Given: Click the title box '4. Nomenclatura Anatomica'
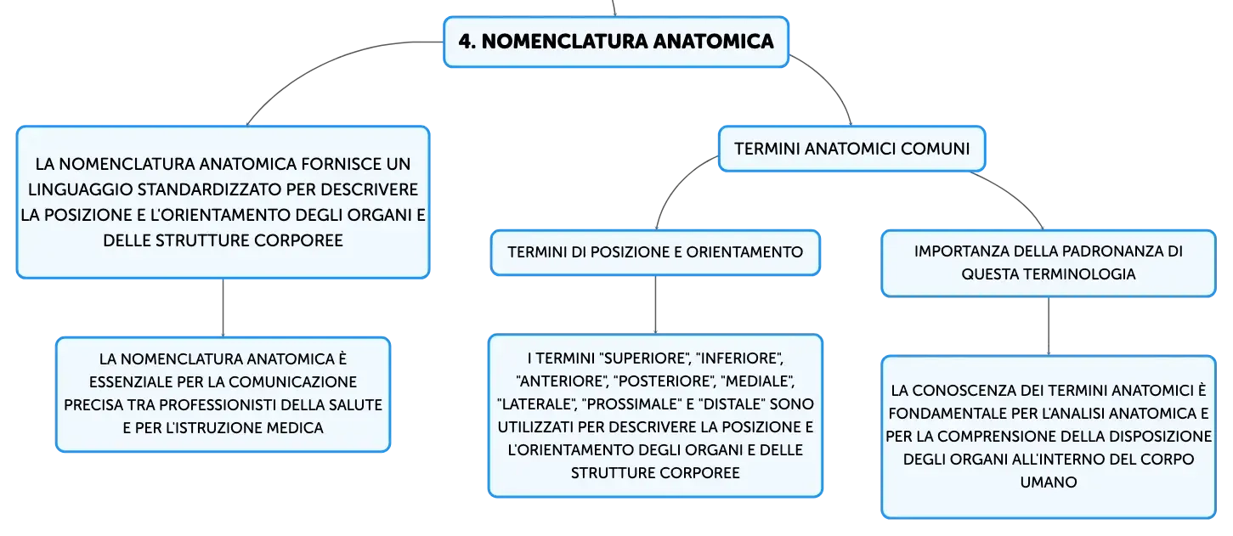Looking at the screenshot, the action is pyautogui.click(x=616, y=42).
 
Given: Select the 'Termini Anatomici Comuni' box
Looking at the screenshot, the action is pyautogui.click(x=851, y=149).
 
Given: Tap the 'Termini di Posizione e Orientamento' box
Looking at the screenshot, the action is pyautogui.click(x=655, y=252).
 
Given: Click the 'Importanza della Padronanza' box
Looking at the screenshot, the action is pyautogui.click(x=1048, y=263).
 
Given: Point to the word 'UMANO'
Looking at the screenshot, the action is pyautogui.click(x=1048, y=482).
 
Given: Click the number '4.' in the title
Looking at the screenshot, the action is pyautogui.click(x=467, y=42).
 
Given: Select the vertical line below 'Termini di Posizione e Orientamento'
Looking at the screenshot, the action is pyautogui.click(x=655, y=305).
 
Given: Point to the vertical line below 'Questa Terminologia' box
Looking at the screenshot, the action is pyautogui.click(x=1048, y=326).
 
